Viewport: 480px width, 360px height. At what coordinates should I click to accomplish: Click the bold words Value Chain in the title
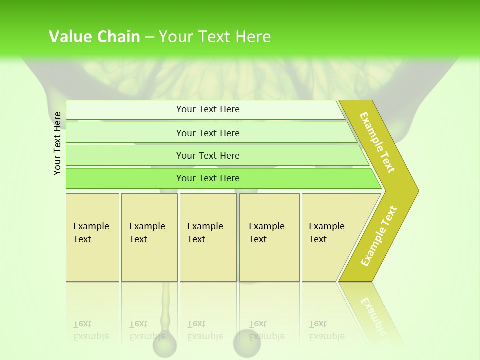[x=94, y=37]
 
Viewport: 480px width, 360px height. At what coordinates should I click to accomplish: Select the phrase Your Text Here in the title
[x=215, y=37]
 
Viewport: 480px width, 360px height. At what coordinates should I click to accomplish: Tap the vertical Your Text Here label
[x=57, y=143]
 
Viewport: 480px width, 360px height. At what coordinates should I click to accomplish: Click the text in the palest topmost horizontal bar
[x=208, y=109]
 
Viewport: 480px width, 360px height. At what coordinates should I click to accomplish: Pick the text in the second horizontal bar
[x=208, y=133]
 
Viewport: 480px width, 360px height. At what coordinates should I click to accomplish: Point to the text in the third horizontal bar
[x=208, y=156]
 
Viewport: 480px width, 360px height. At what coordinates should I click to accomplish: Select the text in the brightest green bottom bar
[x=208, y=178]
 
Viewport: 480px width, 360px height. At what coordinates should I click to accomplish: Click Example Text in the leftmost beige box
[x=91, y=233]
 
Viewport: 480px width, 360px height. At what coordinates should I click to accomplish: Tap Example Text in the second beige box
[x=147, y=233]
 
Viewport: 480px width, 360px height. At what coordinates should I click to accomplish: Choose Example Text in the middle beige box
[x=205, y=233]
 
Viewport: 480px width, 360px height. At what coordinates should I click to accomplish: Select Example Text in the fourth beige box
[x=266, y=233]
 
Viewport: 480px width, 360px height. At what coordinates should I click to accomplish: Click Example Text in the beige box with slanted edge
[x=326, y=233]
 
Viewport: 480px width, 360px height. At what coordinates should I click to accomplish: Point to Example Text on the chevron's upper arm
[x=377, y=142]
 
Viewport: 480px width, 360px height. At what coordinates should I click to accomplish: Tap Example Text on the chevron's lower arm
[x=379, y=236]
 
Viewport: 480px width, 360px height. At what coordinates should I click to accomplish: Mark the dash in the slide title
[x=149, y=37]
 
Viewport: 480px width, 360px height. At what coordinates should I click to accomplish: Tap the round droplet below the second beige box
[x=165, y=345]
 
